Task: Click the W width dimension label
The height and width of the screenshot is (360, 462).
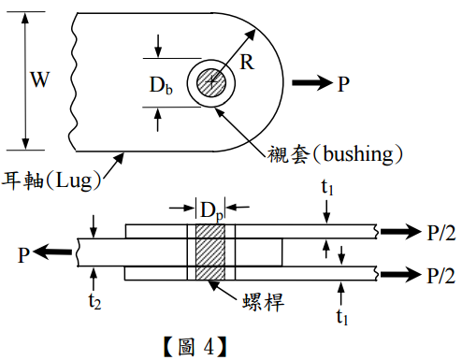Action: (40, 79)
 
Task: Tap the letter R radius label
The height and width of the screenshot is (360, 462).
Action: (247, 62)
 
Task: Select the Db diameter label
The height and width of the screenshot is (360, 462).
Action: (161, 85)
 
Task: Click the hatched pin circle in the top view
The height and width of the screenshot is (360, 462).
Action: (211, 82)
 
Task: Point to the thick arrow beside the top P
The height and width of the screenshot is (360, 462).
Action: (312, 82)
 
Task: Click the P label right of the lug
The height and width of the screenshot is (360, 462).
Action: (343, 84)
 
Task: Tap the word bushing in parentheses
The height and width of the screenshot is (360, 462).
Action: (358, 154)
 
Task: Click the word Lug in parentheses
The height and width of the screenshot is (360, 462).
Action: (74, 180)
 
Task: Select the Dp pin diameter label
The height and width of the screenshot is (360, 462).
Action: (211, 210)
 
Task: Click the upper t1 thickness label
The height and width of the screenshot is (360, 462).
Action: (327, 188)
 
